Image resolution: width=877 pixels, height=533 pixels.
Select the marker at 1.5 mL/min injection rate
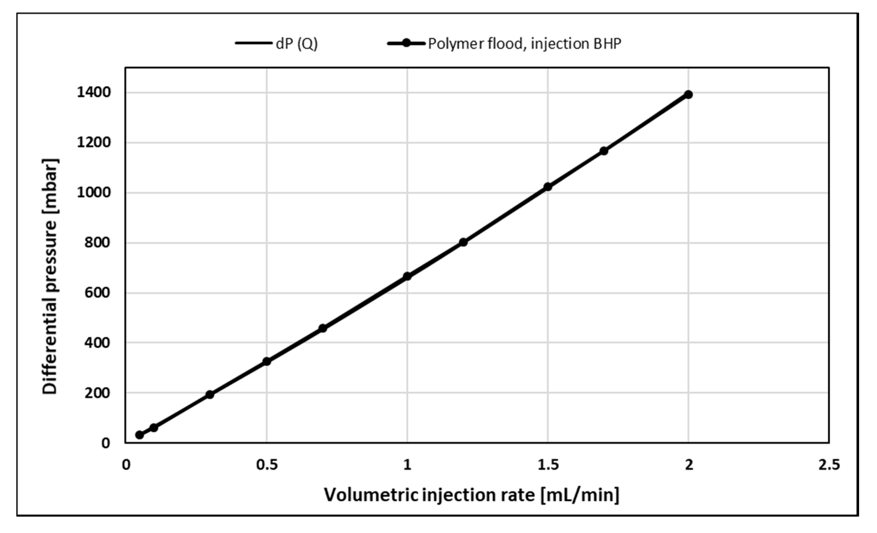[548, 186]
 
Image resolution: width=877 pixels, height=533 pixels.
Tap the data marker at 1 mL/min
[407, 276]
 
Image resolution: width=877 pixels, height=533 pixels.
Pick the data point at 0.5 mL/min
[267, 361]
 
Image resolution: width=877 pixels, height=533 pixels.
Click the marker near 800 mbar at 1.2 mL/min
[463, 242]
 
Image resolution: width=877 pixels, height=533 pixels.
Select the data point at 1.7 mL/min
[604, 151]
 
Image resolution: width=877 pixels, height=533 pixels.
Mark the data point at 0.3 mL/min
[210, 394]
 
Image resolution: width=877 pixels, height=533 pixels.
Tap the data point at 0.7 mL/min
[322, 328]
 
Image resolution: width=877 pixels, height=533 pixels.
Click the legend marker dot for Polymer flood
[406, 43]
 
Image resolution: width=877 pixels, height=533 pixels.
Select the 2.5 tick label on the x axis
[829, 465]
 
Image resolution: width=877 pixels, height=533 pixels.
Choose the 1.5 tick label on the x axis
[548, 465]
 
